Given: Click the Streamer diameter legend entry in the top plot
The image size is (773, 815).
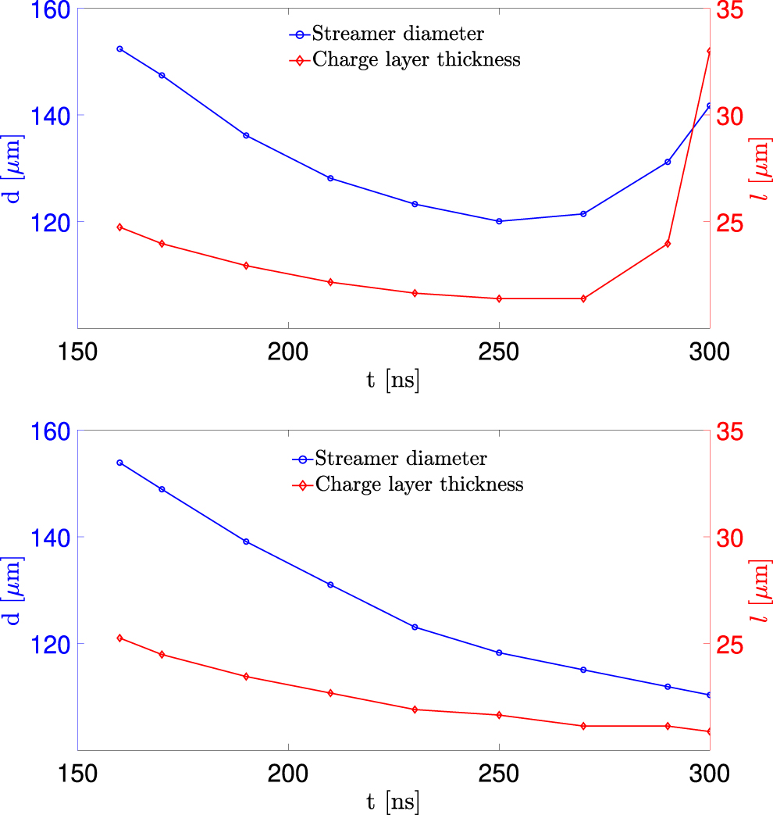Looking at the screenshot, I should coord(397,34).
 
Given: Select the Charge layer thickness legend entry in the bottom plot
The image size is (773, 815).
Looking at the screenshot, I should coord(419,484).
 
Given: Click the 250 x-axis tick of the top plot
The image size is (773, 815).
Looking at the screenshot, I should coord(499,352).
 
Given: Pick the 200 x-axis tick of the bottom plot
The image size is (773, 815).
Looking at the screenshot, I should coord(289,774).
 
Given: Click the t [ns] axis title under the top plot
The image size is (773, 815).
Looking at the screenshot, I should coord(393,381).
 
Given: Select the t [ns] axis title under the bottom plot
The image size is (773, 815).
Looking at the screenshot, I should coord(393,802).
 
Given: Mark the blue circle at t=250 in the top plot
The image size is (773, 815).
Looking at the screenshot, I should coord(499,221).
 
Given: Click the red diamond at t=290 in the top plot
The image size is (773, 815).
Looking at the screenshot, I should coord(668,244).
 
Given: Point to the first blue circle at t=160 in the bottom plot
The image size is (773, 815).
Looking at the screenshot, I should coord(119,463).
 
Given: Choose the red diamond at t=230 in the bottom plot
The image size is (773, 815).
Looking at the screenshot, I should coord(415,710).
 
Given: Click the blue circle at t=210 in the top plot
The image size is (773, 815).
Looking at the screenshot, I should coord(330,178).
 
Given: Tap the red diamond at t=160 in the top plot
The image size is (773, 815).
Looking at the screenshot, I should coord(119,227).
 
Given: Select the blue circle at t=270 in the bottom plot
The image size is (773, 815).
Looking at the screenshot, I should coord(583,670).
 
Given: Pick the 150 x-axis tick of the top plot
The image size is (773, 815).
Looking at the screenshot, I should coord(78,352).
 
